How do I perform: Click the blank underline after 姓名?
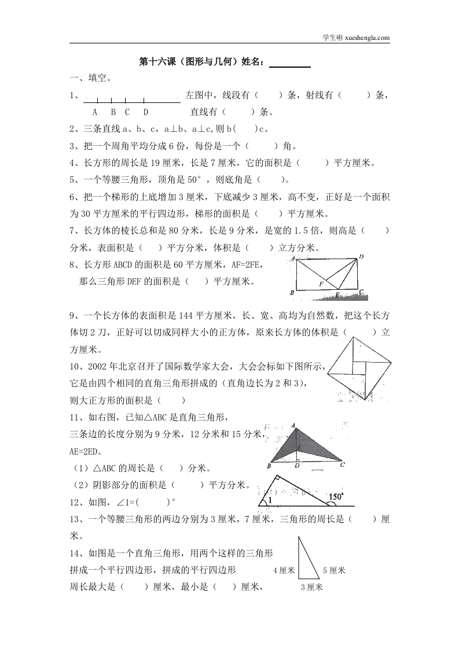coord(290,63)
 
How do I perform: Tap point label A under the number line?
coord(95,112)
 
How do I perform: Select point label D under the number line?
coord(145,112)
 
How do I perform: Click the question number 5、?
coord(74,179)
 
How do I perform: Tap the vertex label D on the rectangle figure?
coord(361,257)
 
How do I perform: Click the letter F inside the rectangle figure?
coord(322,284)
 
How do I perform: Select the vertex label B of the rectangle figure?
coord(292,293)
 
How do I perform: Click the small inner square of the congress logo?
coord(359,368)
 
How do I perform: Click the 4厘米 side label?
coord(284,570)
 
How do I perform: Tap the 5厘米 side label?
coord(334,570)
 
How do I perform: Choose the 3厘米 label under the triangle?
coord(311,587)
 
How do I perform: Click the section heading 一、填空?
coord(91,78)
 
